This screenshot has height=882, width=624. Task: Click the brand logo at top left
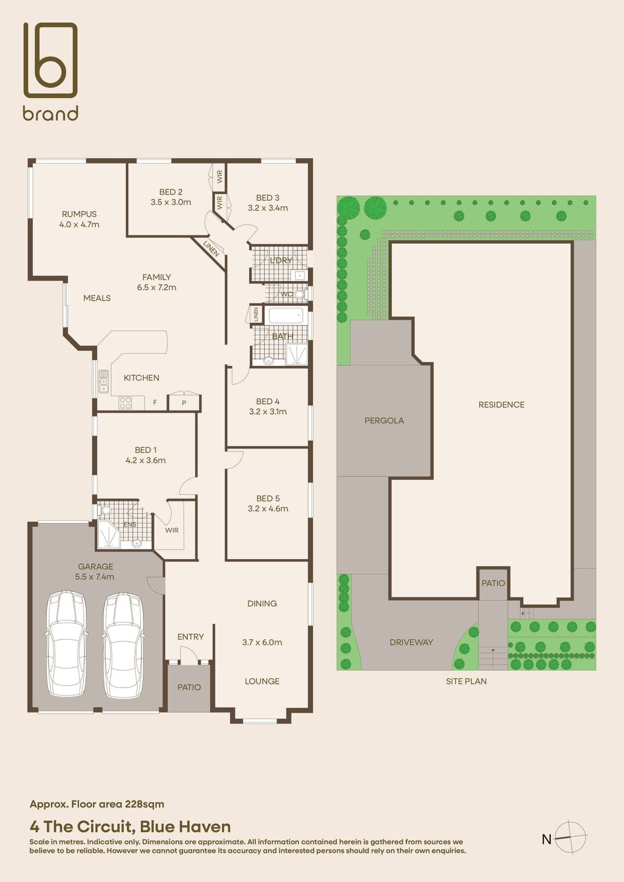pos(50,71)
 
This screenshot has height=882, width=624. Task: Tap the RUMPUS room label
pos(79,214)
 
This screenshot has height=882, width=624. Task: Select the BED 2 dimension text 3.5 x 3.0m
pos(171,202)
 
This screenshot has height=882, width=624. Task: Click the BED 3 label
pos(267,198)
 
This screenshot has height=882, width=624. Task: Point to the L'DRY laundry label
pos(281,260)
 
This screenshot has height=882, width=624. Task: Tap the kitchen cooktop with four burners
pos(125,403)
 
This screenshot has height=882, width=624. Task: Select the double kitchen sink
pos(103,381)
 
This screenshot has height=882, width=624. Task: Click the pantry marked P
pos(184,402)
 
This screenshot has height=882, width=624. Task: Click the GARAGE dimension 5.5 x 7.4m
pos(95,577)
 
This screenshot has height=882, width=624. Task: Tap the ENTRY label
pos(190,637)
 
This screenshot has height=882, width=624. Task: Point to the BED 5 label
pos(268,498)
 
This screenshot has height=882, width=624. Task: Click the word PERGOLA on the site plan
pos(384,420)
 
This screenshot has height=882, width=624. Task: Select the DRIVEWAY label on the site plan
pos(411,642)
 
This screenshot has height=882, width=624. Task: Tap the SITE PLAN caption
pos(466,681)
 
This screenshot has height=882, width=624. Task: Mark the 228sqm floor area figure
pos(145,804)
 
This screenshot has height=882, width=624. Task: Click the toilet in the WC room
pos(301,294)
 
